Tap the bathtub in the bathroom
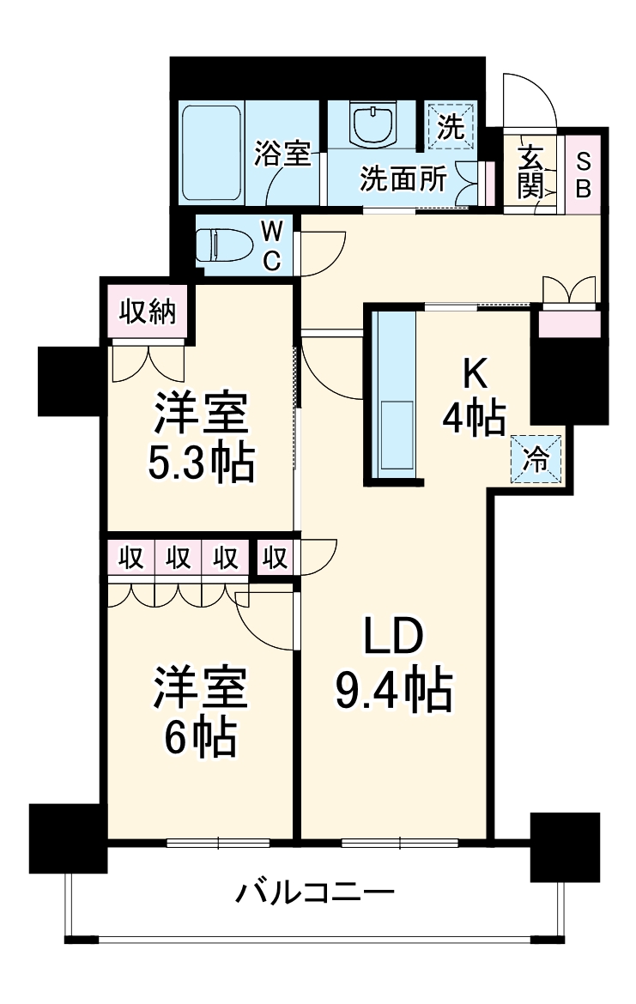pyautogui.click(x=211, y=153)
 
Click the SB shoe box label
pyautogui.click(x=583, y=175)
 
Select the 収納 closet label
pyautogui.click(x=147, y=311)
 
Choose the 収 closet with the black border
pyautogui.click(x=275, y=559)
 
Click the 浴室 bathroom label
pyautogui.click(x=282, y=154)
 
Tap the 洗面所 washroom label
pyautogui.click(x=402, y=179)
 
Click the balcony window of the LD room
pyautogui.click(x=387, y=842)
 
